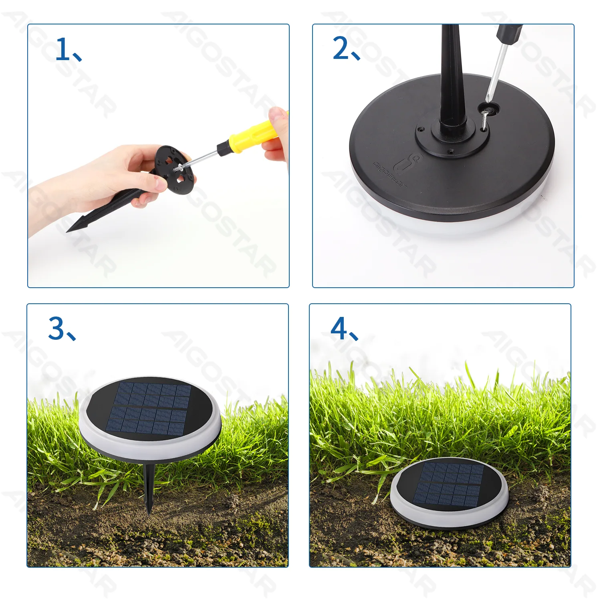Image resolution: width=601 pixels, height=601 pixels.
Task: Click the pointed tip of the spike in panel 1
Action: coord(67,231)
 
